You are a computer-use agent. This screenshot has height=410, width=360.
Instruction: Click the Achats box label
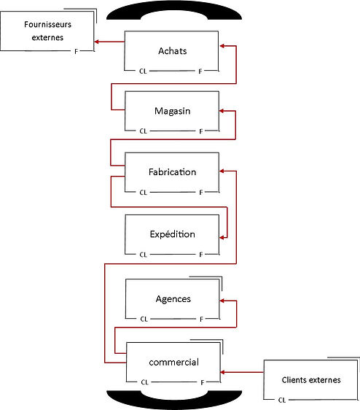pyautogui.click(x=173, y=51)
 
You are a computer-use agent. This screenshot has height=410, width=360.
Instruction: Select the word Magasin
pyautogui.click(x=173, y=111)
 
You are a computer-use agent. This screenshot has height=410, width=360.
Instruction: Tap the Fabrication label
pyautogui.click(x=173, y=171)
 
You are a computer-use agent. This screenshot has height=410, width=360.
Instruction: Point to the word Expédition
pyautogui.click(x=173, y=234)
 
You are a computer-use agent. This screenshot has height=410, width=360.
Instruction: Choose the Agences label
pyautogui.click(x=173, y=299)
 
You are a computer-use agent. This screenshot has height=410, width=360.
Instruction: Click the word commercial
pyautogui.click(x=173, y=362)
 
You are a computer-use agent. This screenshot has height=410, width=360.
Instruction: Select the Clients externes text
pyautogui.click(x=311, y=380)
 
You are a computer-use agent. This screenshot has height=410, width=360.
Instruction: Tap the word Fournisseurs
pyautogui.click(x=48, y=24)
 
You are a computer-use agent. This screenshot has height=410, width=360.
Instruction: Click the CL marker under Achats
pyautogui.click(x=143, y=71)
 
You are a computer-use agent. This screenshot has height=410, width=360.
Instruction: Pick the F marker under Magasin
pyautogui.click(x=200, y=131)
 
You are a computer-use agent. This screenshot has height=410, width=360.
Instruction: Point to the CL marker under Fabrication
pyautogui.click(x=143, y=193)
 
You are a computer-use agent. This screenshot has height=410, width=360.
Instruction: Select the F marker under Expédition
pyautogui.click(x=200, y=255)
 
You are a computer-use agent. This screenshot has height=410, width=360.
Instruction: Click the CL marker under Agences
pyautogui.click(x=144, y=319)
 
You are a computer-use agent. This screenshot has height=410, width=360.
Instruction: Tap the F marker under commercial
pyautogui.click(x=202, y=382)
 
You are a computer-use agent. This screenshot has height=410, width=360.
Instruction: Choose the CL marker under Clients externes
pyautogui.click(x=282, y=400)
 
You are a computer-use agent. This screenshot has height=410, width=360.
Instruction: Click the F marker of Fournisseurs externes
pyautogui.click(x=76, y=52)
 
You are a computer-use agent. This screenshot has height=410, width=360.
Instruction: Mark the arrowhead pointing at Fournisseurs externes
pyautogui.click(x=96, y=42)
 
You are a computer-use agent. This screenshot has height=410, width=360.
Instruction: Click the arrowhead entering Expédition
pyautogui.click(x=222, y=238)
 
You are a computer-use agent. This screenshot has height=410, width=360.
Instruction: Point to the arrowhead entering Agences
pyautogui.click(x=222, y=301)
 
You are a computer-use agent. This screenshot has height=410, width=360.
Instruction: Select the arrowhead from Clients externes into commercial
pyautogui.click(x=222, y=372)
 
